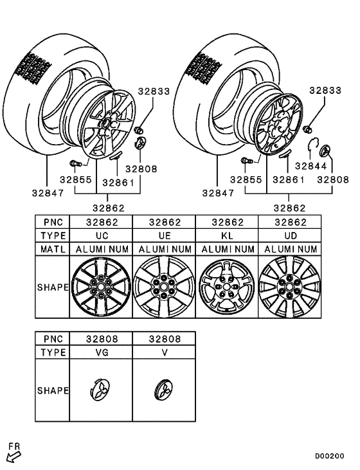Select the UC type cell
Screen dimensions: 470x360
click(101, 235)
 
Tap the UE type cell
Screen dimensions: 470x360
click(164, 235)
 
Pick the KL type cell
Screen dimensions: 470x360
click(226, 235)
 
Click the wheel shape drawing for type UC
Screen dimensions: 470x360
click(101, 287)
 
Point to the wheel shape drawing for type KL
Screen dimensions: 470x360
click(226, 287)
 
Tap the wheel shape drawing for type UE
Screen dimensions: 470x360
click(164, 287)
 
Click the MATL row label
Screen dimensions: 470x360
click(52, 249)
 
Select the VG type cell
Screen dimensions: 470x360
click(101, 353)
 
